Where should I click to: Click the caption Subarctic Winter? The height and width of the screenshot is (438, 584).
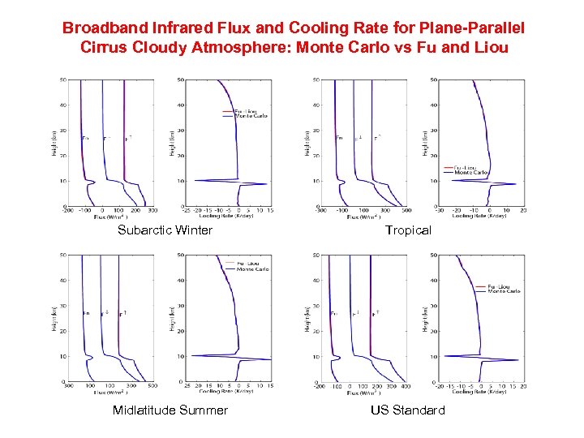(165, 230)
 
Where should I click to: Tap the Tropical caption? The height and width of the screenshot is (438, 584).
(408, 230)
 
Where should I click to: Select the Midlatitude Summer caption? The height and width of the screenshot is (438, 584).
(170, 410)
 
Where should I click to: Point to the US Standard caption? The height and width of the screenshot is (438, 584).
(408, 410)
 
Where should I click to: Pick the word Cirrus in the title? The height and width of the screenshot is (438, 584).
(103, 47)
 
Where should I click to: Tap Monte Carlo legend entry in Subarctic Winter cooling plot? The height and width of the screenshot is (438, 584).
(251, 116)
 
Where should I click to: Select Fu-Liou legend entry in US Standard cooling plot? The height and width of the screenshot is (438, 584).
(504, 286)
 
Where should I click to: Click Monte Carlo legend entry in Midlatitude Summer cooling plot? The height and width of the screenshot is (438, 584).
(252, 268)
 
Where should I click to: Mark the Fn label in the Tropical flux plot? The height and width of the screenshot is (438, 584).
(339, 138)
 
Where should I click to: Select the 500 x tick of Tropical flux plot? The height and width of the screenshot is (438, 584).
(406, 211)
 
